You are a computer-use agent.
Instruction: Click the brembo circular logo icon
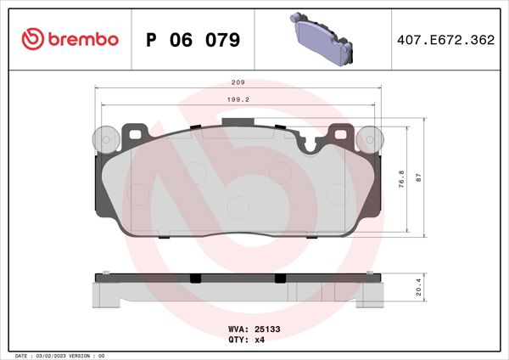tap(31, 39)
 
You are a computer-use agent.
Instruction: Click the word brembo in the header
tap(83, 39)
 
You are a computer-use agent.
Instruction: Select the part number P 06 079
tap(193, 40)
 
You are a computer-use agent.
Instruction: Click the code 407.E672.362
tap(444, 40)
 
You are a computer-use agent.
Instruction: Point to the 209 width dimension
tap(238, 82)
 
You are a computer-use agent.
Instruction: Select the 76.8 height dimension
tap(401, 177)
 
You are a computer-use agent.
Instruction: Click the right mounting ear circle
tap(369, 138)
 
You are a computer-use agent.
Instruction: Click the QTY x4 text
tap(245, 339)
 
